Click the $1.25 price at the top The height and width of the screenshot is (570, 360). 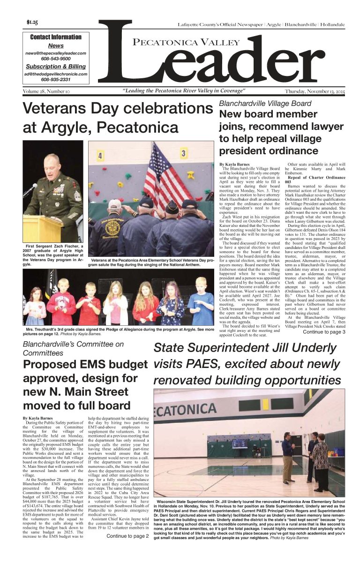pos(32,22)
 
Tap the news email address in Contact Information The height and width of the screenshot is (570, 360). pos(56,53)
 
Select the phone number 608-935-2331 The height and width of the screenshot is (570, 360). pos(56,80)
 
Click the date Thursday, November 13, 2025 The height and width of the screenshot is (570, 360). pos(315,91)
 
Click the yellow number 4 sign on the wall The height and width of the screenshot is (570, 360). pos(100,155)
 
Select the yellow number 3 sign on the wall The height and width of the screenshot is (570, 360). pos(184,153)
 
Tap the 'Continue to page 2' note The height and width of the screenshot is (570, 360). pos(127,536)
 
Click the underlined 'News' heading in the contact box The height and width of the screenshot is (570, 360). pos(56,45)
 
